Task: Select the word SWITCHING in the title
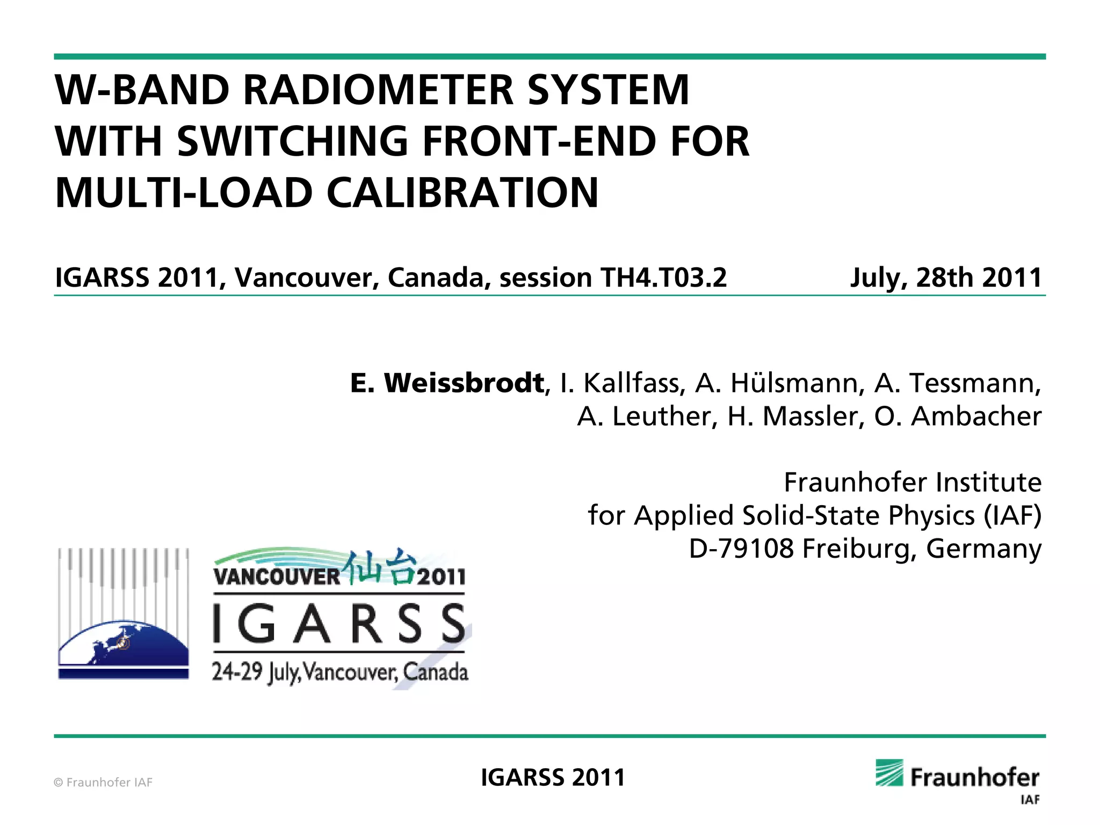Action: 293,141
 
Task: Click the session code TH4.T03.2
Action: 663,278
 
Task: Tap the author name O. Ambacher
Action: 958,417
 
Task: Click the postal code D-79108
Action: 741,549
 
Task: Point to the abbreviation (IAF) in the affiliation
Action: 1012,515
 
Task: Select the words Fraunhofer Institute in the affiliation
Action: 912,482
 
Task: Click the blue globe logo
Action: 124,647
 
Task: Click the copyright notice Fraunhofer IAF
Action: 103,782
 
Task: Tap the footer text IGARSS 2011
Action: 553,777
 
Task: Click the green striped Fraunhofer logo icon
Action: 889,773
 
